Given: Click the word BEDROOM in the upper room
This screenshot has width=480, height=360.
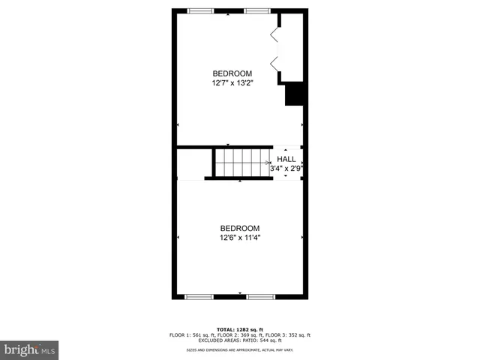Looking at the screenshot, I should tap(231, 73).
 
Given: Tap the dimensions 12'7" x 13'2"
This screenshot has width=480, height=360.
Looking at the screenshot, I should tap(231, 83).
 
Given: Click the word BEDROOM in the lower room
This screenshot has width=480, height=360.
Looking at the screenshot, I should tap(240, 228).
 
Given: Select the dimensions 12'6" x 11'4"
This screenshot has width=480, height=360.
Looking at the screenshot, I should tap(240, 238).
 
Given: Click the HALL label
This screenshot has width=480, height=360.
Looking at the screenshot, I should tap(286, 159).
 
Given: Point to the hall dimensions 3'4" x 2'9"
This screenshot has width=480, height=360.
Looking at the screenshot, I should tap(286, 169).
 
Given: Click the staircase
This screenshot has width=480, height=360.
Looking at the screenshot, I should tap(241, 162).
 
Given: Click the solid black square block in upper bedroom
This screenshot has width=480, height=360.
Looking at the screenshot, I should tap(293, 95).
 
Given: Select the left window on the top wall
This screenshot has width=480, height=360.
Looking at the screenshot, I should tap(200, 10).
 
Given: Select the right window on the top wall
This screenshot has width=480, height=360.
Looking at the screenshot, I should tap(257, 10).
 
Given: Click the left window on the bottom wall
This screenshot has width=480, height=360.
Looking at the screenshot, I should tap(199, 297).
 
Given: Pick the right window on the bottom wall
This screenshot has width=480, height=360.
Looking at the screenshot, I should tap(260, 297).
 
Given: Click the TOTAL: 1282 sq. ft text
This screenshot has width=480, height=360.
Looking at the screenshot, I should tap(240, 329).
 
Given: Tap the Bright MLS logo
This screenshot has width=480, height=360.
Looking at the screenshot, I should tap(29, 349).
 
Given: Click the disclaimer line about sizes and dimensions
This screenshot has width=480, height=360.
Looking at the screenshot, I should tap(240, 350).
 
